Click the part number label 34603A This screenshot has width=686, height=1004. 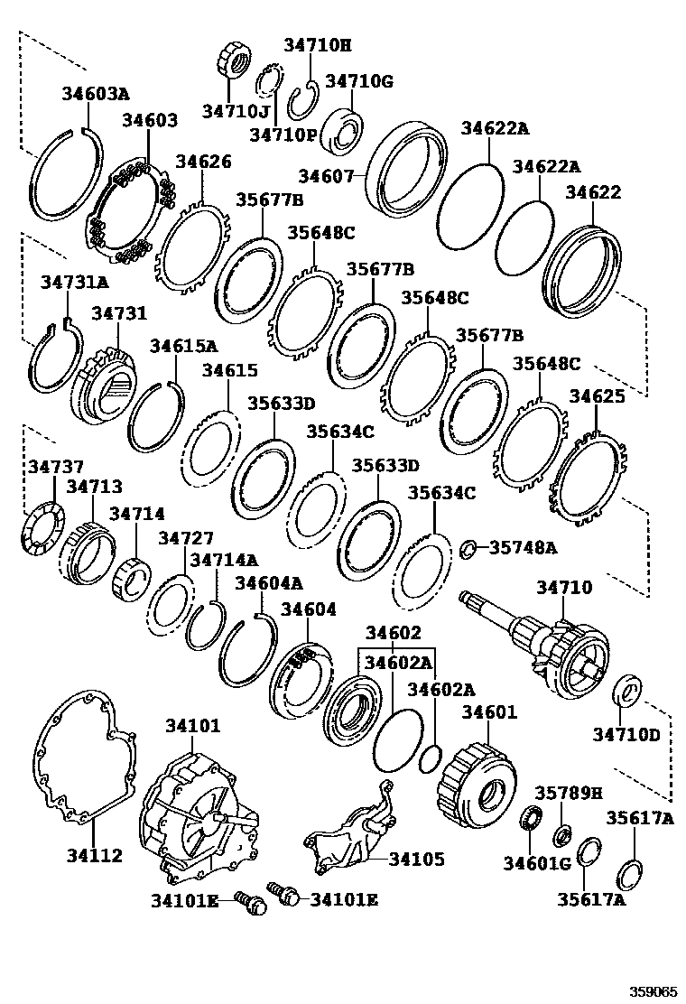(96, 93)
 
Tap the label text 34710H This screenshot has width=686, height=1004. (317, 44)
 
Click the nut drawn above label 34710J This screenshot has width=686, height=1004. (235, 64)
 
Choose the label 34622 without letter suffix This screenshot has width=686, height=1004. (593, 192)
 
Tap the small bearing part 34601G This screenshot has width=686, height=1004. (533, 821)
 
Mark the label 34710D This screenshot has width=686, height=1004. (626, 734)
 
